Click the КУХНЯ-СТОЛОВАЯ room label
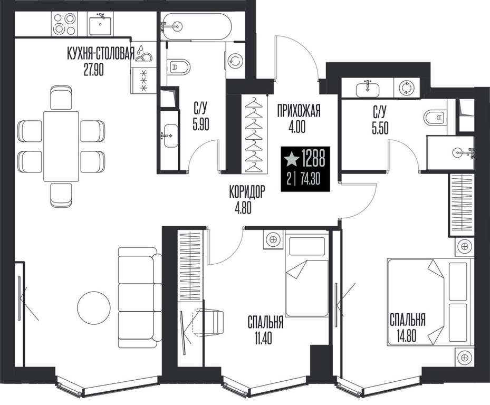(x=101, y=53)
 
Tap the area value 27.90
(x=93, y=70)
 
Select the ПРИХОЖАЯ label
(x=299, y=111)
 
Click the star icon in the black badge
(x=291, y=159)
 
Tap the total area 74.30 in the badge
(x=310, y=180)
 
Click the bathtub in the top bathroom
(x=196, y=26)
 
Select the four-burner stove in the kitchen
(x=65, y=24)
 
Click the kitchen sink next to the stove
(x=100, y=25)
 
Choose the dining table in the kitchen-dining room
(x=61, y=146)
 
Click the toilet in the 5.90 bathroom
(x=180, y=66)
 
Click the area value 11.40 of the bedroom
(x=263, y=338)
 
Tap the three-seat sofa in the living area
(x=140, y=297)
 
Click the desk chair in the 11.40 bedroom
(x=209, y=322)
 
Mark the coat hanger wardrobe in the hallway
(x=254, y=134)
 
